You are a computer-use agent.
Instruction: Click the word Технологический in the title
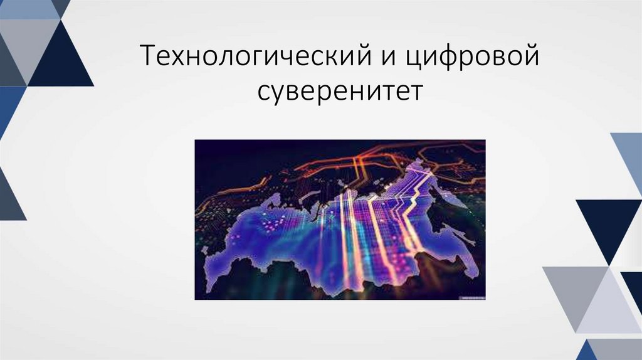(x=250, y=58)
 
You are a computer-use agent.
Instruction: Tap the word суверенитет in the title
(x=340, y=91)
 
